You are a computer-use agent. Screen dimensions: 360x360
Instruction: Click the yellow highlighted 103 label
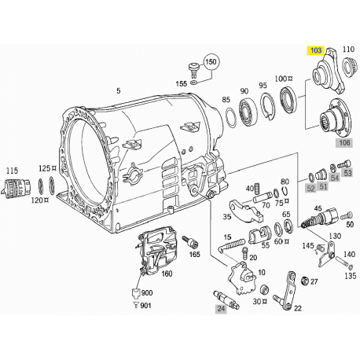(317, 50)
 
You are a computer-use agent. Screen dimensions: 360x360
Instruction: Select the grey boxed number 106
(344, 143)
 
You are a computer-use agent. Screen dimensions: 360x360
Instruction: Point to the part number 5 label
(119, 92)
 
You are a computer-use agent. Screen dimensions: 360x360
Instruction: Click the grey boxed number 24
(199, 310)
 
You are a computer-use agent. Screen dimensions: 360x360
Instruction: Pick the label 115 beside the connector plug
(12, 171)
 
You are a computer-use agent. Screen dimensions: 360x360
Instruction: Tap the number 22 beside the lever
(297, 309)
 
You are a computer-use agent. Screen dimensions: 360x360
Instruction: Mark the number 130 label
(335, 235)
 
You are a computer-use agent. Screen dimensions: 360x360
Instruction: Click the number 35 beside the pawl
(226, 217)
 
